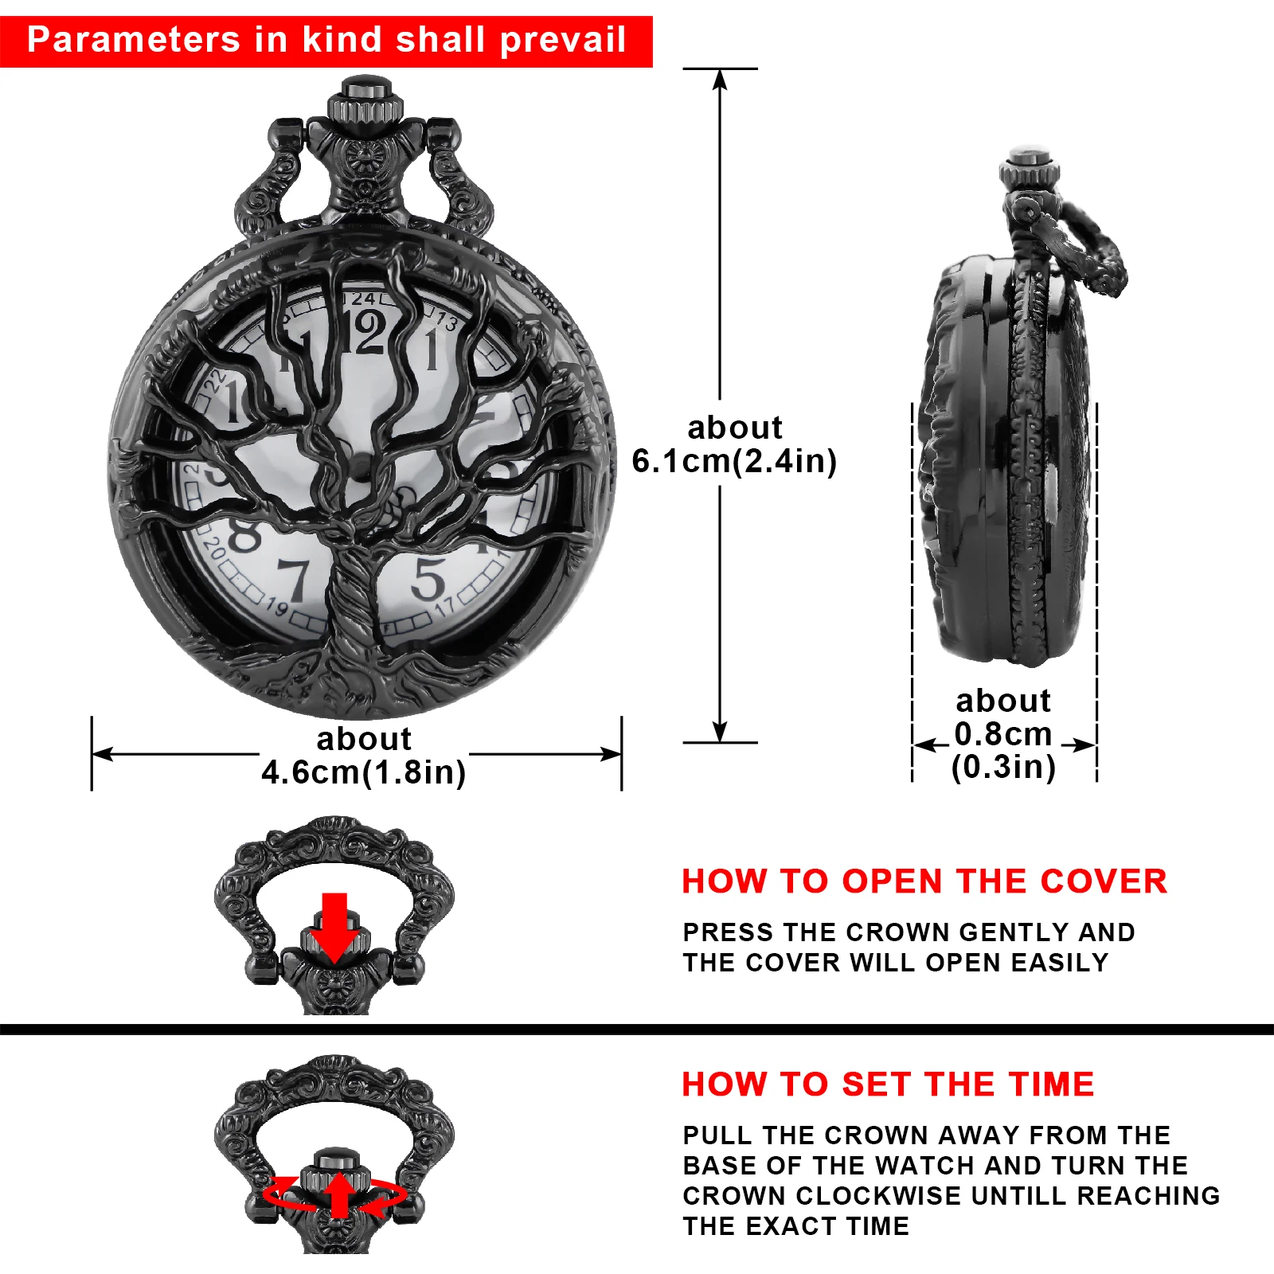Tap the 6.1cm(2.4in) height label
[734, 461]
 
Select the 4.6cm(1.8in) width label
[364, 772]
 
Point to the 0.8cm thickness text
[1003, 733]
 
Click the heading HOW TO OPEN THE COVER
[924, 881]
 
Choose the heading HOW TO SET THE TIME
[888, 1084]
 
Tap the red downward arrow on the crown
[334, 927]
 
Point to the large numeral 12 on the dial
[368, 333]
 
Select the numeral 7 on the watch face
[294, 580]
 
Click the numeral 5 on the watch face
[428, 579]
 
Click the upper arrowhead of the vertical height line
[720, 79]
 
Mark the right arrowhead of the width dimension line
[612, 753]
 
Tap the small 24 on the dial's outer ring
[364, 299]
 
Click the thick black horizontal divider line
[637, 1029]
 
